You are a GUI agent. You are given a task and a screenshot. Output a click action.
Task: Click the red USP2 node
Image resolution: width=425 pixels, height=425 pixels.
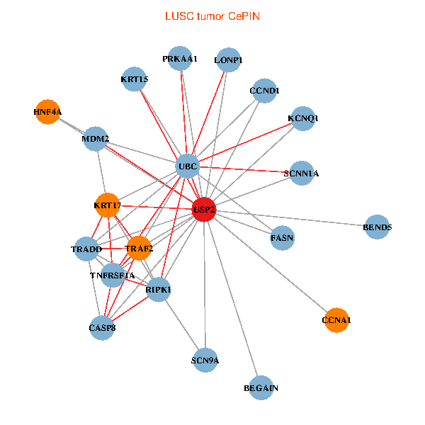click(204, 210)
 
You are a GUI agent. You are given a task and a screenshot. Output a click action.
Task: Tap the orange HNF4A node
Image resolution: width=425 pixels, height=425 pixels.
click(47, 112)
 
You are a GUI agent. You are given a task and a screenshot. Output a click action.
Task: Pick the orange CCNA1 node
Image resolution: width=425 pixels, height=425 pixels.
click(336, 320)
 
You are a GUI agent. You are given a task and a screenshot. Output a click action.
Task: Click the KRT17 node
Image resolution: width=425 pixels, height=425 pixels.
click(108, 205)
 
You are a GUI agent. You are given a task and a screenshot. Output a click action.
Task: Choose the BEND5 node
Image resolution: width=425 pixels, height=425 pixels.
click(377, 227)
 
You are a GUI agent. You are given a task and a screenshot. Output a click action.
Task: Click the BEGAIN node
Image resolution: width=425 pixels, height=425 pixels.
click(261, 388)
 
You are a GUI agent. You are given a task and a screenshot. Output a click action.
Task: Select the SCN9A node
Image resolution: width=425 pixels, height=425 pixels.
click(205, 361)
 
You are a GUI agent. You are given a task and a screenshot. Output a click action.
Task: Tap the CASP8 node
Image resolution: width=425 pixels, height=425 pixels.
click(102, 327)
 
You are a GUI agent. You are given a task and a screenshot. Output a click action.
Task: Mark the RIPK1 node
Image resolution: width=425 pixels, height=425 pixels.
click(159, 290)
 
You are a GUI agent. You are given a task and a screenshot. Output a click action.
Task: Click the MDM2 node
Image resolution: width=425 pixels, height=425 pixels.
click(96, 139)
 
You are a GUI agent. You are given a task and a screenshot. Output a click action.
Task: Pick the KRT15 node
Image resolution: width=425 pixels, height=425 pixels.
click(135, 79)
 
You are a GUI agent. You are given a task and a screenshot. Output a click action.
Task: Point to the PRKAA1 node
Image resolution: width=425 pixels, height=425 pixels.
click(180, 59)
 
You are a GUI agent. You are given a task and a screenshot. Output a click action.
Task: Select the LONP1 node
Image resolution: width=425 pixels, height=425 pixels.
click(228, 61)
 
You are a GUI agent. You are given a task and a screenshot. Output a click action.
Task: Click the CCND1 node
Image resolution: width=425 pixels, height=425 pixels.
click(265, 91)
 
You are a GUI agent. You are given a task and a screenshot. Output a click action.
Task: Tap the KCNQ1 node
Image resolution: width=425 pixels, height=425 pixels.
click(303, 118)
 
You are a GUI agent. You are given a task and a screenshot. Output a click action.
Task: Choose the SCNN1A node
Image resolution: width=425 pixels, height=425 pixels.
click(302, 173)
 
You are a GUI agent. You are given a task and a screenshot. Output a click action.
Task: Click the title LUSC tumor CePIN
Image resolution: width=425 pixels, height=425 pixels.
click(212, 16)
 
